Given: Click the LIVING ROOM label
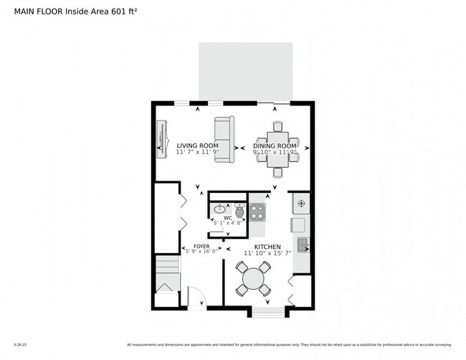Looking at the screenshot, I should click(197, 146).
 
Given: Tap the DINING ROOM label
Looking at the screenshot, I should click(276, 146).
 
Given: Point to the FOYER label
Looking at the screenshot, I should click(201, 246).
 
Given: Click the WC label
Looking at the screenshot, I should click(227, 217).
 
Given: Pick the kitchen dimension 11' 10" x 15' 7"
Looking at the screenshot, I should click(267, 252).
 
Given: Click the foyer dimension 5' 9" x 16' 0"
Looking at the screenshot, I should click(202, 252).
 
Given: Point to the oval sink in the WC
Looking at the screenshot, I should click(219, 210).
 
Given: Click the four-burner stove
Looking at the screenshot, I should click(257, 212).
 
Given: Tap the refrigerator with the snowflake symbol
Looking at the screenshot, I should click(301, 203).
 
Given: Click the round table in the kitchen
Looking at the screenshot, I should click(253, 279).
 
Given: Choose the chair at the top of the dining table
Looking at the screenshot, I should click(277, 126).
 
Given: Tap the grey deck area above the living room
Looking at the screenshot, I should click(245, 70).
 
